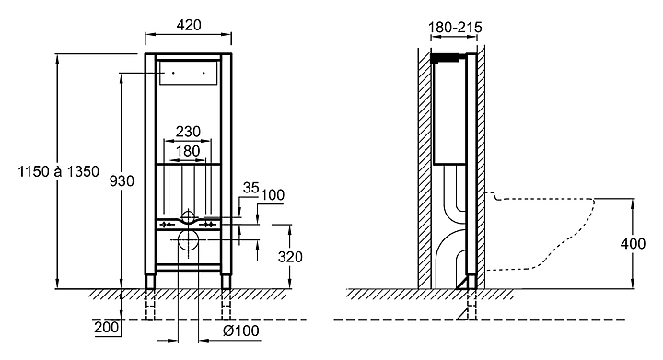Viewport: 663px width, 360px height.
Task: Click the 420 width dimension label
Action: tap(189, 25)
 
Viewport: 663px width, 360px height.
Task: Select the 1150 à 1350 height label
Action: tap(59, 171)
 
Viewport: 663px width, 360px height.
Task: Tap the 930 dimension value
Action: tap(122, 180)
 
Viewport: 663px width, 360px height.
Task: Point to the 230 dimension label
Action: tap(188, 132)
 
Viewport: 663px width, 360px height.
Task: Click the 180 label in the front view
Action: tap(188, 150)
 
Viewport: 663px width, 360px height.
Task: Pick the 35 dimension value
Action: tap(250, 188)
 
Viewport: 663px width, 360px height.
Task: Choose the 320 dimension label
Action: tap(290, 257)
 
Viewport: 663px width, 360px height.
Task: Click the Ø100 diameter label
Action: tap(241, 331)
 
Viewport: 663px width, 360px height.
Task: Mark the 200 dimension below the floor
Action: tap(107, 327)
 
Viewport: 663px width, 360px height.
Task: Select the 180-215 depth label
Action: tap(455, 28)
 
